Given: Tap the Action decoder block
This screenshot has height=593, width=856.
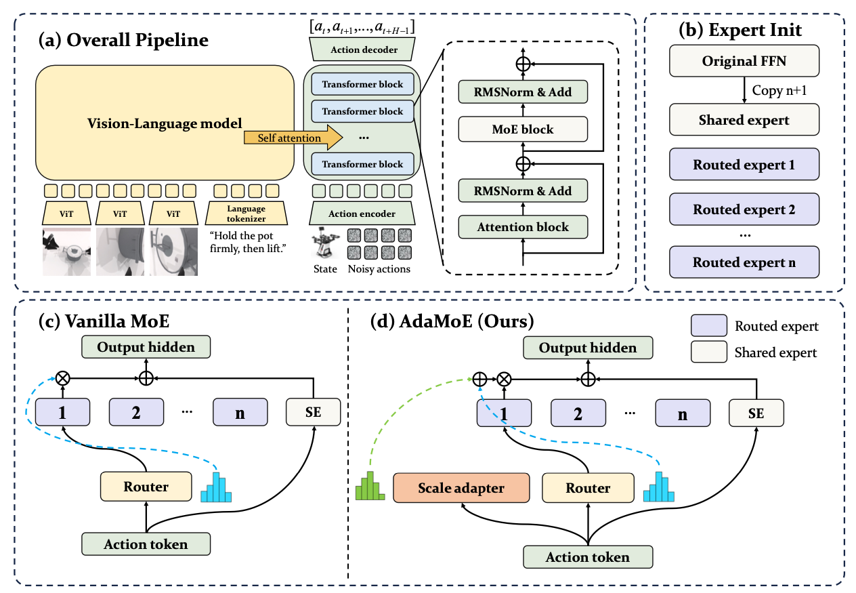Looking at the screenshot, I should click(362, 49).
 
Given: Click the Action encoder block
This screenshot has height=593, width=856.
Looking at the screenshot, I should click(362, 213).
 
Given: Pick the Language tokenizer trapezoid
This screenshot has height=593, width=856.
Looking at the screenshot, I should click(246, 213).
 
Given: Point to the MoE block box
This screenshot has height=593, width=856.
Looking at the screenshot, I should click(523, 129).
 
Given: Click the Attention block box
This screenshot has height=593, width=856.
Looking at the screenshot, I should click(523, 226).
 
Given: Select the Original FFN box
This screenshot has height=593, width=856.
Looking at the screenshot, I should click(744, 62).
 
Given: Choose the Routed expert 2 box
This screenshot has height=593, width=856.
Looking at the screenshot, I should click(744, 209).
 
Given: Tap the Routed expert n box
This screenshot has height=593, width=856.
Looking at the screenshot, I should click(744, 262).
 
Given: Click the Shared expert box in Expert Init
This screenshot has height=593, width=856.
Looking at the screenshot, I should click(744, 120).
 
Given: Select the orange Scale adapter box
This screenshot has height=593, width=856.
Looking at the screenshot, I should click(461, 488).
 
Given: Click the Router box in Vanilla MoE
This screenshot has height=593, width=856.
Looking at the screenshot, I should click(146, 486).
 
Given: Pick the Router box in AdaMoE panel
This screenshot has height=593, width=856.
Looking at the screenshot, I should click(588, 488).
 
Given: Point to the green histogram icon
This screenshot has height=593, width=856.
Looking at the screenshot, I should click(370, 486).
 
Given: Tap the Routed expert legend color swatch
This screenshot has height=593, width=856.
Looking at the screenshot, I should click(708, 326).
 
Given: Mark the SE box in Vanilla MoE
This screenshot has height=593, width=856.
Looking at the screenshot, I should click(313, 412).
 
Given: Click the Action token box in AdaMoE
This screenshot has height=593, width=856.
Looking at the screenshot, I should click(588, 557).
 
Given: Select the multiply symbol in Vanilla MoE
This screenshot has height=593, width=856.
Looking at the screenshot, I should click(62, 378).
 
